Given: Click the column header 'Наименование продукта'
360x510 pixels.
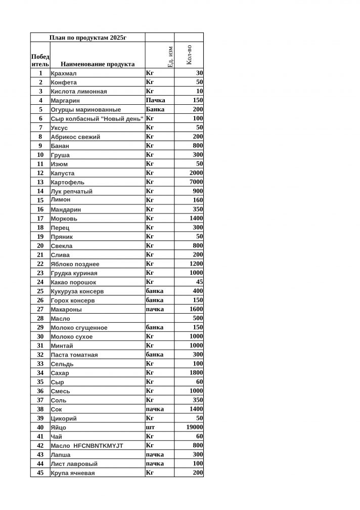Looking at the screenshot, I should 98,64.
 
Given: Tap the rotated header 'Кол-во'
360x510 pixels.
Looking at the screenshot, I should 189,55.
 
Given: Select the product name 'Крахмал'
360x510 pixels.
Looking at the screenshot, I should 64,73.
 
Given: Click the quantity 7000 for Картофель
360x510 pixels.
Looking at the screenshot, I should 196,182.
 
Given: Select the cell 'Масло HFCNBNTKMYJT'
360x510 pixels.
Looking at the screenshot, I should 87,446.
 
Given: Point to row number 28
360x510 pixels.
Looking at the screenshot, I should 40,318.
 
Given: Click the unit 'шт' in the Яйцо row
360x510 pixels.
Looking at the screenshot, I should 150,428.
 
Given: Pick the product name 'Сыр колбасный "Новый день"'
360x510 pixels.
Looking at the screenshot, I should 97,119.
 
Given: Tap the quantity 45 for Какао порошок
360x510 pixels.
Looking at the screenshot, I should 199,282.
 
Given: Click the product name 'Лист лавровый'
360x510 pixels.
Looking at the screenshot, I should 74,464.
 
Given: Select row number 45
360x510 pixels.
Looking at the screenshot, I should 40,473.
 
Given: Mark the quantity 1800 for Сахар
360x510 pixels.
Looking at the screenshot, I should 196,373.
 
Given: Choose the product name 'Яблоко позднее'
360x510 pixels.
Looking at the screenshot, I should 75,264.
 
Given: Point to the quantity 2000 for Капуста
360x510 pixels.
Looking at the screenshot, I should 196,173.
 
